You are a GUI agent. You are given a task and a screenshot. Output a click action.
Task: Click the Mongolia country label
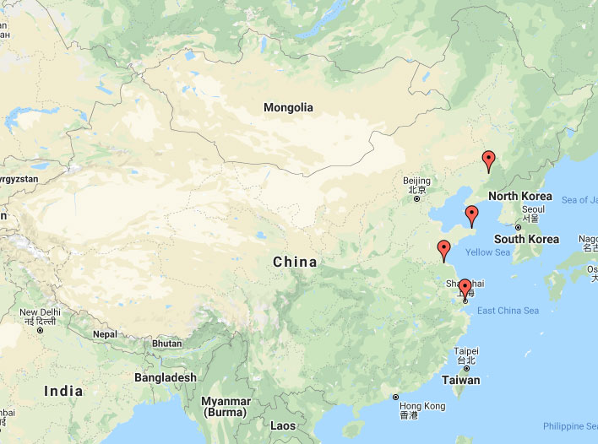pyautogui.click(x=288, y=107)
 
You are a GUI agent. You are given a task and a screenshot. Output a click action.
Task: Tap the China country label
pyautogui.click(x=295, y=262)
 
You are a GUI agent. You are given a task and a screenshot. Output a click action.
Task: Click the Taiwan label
pyautogui.click(x=460, y=380)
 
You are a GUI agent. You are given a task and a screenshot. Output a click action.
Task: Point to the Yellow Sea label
pyautogui.click(x=488, y=252)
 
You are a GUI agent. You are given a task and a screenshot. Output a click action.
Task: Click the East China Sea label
pyautogui.click(x=508, y=311)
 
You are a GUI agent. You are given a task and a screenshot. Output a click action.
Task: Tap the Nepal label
pyautogui.click(x=105, y=334)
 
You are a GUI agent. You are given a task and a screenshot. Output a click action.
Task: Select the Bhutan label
pyautogui.click(x=167, y=344)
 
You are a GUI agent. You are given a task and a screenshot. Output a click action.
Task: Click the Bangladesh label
pyautogui.click(x=165, y=377)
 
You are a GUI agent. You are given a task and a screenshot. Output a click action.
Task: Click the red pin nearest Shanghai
pyautogui.click(x=464, y=289)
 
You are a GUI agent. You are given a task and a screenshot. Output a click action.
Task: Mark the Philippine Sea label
pyautogui.click(x=569, y=426)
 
